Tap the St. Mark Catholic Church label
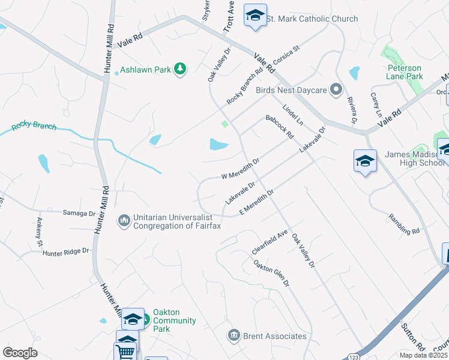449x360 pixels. click(x=312, y=19)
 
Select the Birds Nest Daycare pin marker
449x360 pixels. click(x=336, y=90)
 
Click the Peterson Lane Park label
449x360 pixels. click(x=405, y=72)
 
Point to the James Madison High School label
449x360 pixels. click(x=415, y=158)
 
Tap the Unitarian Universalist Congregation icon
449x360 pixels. click(x=124, y=221)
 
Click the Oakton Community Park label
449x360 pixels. click(x=174, y=320)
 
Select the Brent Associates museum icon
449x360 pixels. click(x=234, y=335)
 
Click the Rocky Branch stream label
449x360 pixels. click(x=34, y=127)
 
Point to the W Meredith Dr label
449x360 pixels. click(x=240, y=169)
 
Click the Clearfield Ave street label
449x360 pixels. click(x=270, y=241)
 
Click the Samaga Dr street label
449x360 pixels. click(x=79, y=213)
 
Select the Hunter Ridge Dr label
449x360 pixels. click(x=65, y=253)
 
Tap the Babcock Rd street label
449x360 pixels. click(x=279, y=127)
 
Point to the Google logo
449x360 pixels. click(x=20, y=353)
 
